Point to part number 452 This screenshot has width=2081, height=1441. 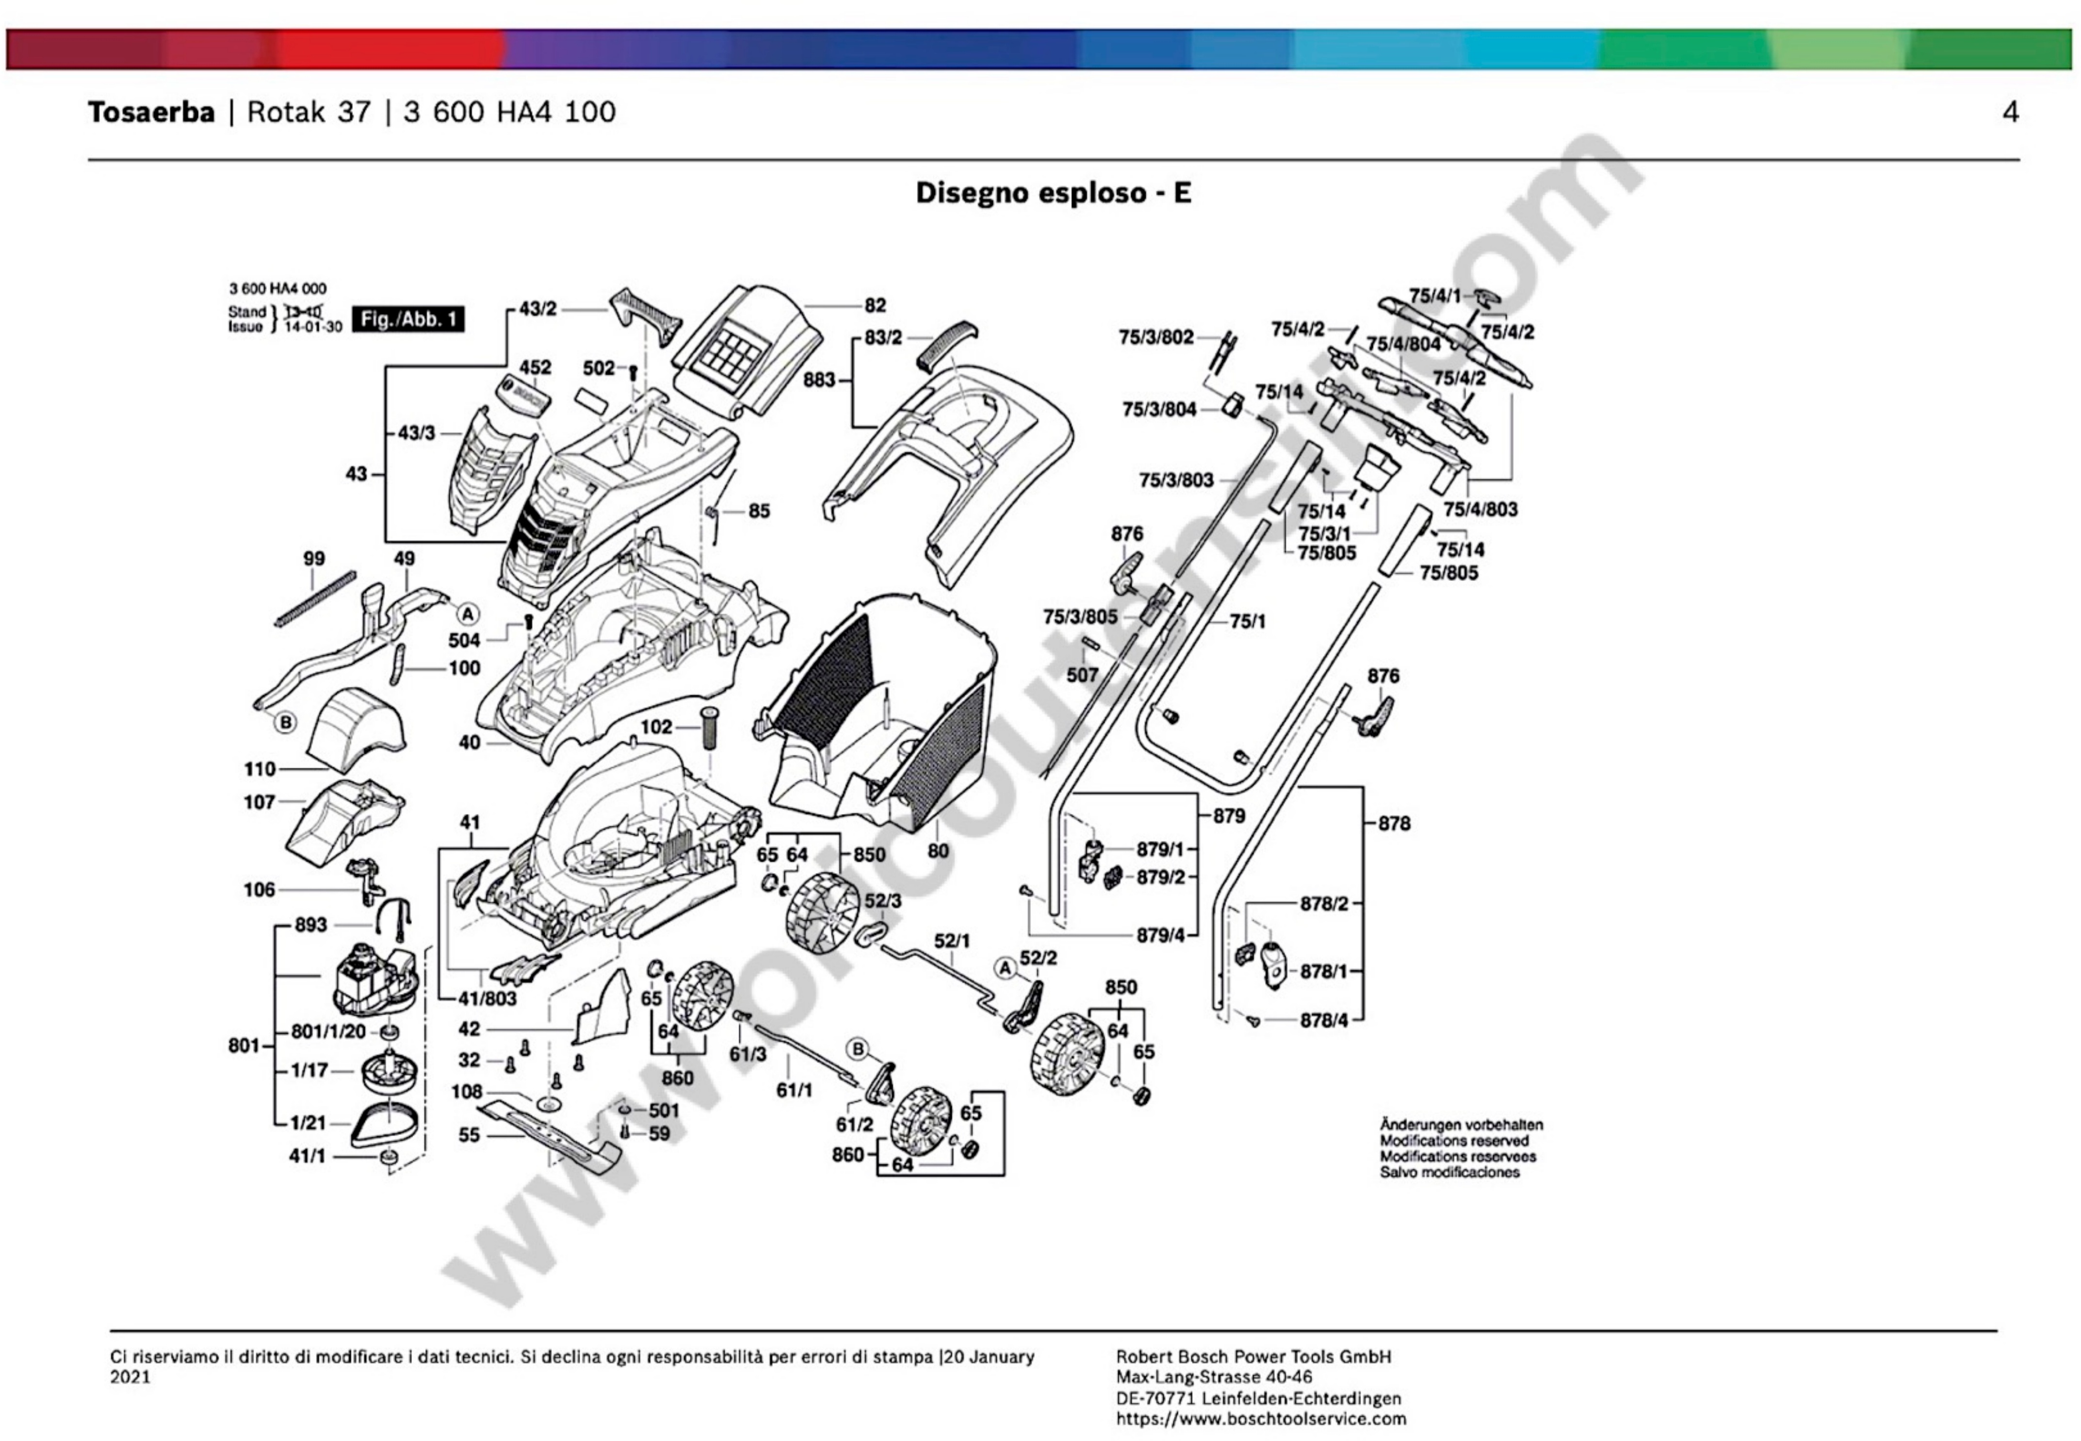coord(535,367)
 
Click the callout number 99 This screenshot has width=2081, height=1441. coord(313,559)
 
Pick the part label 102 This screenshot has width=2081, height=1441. coord(656,727)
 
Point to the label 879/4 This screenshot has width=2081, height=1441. coord(1160,935)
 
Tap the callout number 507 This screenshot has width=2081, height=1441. coord(1082,675)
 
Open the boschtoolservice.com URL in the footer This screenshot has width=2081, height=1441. coord(1261,1418)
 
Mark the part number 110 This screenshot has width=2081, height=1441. coord(260,769)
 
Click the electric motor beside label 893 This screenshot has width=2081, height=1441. coord(372,979)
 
